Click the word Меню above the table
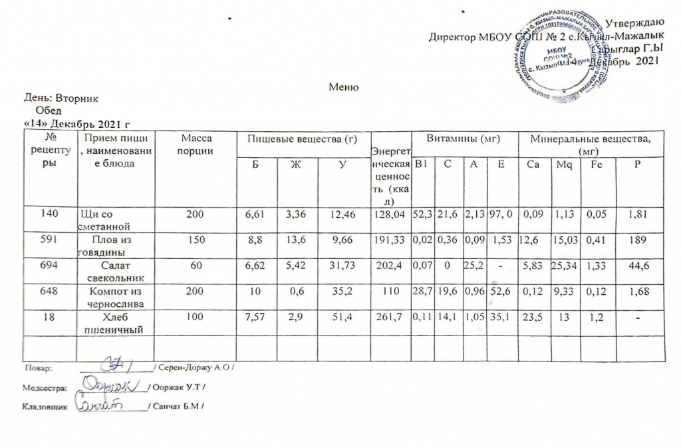pos(344,87)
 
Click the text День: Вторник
pos(61,98)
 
